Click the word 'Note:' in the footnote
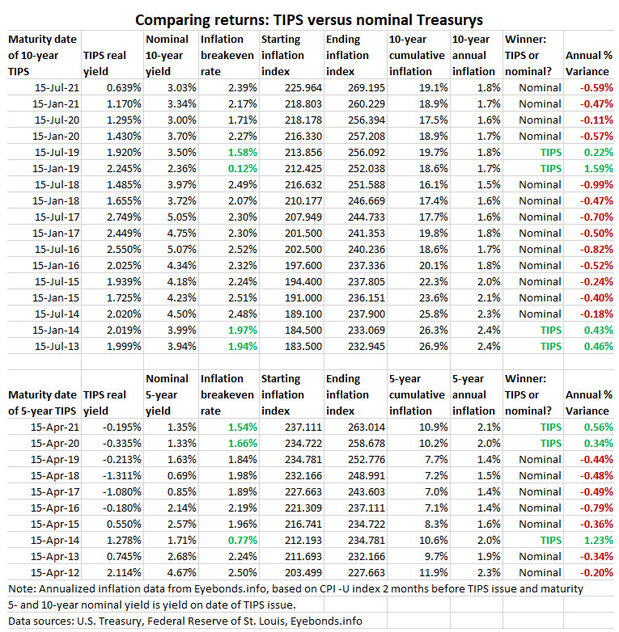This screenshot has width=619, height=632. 23,588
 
